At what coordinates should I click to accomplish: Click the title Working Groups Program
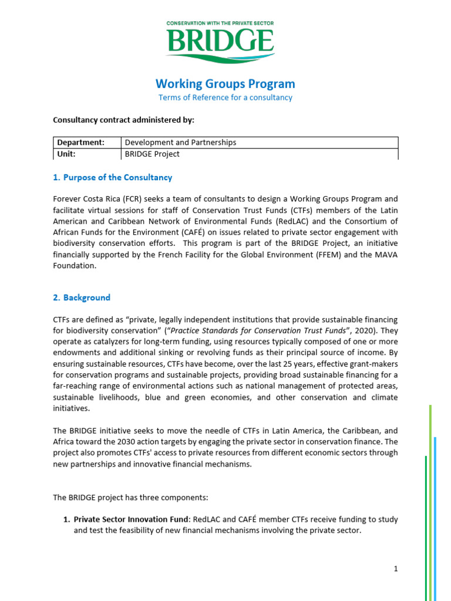[x=225, y=83]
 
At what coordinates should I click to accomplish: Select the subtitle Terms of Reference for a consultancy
[x=225, y=97]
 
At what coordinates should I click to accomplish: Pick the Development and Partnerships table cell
[x=180, y=142]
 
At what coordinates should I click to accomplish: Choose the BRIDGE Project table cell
[x=152, y=154]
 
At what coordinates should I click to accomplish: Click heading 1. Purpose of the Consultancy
[x=112, y=177]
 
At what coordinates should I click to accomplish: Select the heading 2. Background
[x=82, y=298]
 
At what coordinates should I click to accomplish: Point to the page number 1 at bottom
[x=396, y=568]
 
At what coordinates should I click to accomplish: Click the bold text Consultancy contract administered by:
[x=123, y=120]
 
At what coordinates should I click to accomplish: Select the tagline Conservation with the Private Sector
[x=220, y=23]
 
